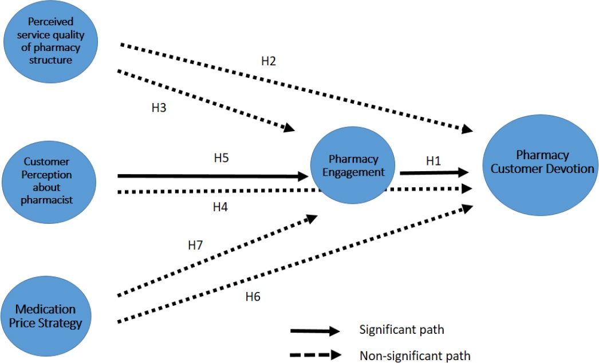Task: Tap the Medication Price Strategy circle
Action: point(46,316)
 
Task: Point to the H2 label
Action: point(269,61)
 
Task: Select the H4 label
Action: point(220,207)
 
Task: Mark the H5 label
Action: point(219,157)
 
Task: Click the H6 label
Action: point(253,297)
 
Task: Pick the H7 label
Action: point(196,246)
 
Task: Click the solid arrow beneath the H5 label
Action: point(212,177)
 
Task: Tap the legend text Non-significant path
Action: point(415,356)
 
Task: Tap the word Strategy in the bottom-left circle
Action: point(57,323)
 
